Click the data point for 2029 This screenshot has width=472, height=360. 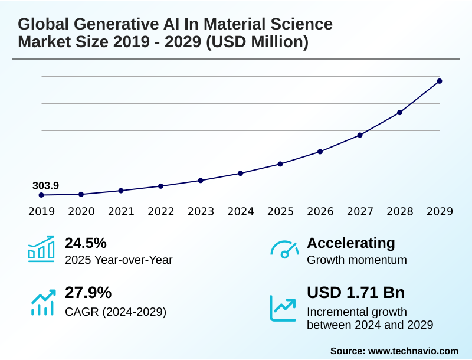point(440,81)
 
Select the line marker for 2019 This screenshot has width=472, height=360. point(41,195)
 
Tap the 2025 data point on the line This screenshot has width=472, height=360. point(280,163)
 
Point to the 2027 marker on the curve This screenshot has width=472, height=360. point(360,135)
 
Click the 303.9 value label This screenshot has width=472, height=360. point(45,185)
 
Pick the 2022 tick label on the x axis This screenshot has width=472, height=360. point(160,211)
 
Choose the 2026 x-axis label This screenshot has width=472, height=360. point(320,211)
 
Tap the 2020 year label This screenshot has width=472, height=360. point(81,211)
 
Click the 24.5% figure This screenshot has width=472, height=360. point(86,243)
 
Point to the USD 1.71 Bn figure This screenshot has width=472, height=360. point(356,293)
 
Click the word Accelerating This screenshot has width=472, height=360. point(351,243)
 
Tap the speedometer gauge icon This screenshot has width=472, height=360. point(284,250)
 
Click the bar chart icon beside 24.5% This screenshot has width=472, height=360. point(41,249)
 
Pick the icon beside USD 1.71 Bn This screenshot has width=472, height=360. point(283,307)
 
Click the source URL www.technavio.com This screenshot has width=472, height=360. point(413,351)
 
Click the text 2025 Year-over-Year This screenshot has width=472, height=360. point(119,260)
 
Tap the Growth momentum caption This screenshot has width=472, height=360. point(357,260)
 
